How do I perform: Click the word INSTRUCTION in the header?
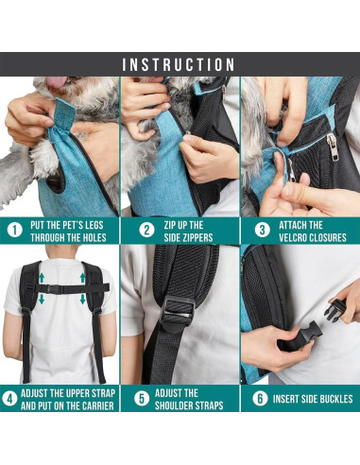180,64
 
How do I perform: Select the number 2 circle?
146,229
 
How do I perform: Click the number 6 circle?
260,398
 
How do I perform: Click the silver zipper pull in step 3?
331,146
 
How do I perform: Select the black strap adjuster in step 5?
178,309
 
